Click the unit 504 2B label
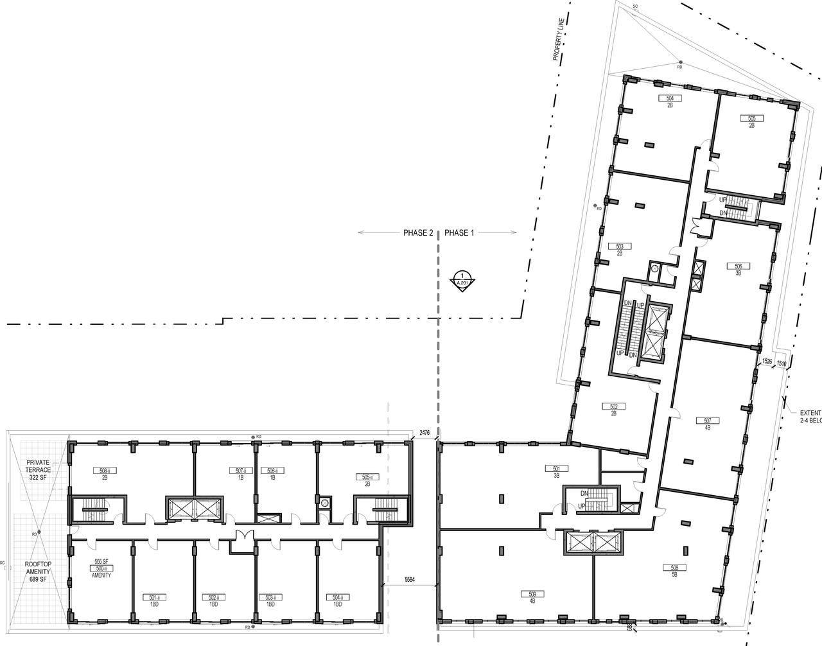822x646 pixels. click(670, 101)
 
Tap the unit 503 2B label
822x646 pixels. click(620, 249)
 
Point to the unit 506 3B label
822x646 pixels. click(738, 268)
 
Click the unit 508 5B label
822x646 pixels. click(674, 570)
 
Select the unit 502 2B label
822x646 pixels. click(613, 409)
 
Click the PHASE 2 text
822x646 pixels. click(418, 233)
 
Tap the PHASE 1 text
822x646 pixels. click(459, 233)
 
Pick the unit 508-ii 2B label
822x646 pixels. click(103, 474)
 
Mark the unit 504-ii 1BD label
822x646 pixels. click(337, 600)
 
